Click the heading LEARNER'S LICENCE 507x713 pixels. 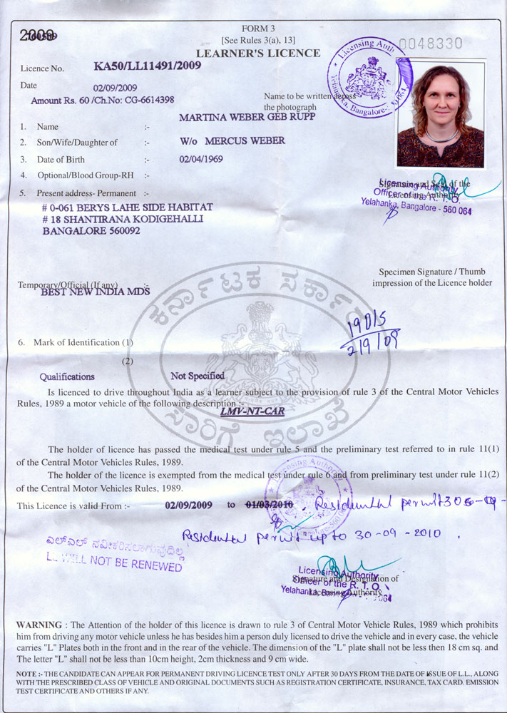pos(258,54)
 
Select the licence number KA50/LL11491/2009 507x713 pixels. pos(147,66)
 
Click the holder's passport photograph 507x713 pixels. pos(440,115)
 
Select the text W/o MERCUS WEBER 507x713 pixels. pos(232,140)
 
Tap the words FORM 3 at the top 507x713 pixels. pos(257,28)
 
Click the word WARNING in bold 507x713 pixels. pos(39,625)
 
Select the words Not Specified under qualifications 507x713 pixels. pos(198,376)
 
